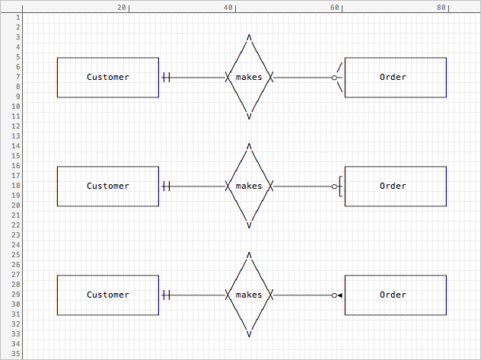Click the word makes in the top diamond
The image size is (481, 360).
click(249, 78)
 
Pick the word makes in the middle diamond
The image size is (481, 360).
click(249, 186)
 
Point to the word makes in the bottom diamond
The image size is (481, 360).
click(249, 295)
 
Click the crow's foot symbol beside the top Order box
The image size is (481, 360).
click(339, 78)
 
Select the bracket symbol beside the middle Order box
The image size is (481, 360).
click(340, 186)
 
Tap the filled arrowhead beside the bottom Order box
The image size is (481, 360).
click(339, 295)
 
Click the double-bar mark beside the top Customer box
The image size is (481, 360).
click(166, 78)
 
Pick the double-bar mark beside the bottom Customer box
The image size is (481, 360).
click(166, 295)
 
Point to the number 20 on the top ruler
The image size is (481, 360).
click(122, 8)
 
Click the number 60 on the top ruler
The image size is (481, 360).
click(335, 8)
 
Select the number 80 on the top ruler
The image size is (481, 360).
click(441, 8)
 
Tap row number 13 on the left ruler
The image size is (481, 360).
click(16, 135)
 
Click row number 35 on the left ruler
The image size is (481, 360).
click(16, 354)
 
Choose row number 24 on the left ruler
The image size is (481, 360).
click(16, 245)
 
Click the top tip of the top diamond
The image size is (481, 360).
click(249, 35)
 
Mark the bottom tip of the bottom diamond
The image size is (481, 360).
click(249, 336)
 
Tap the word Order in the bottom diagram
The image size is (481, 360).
click(393, 295)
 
